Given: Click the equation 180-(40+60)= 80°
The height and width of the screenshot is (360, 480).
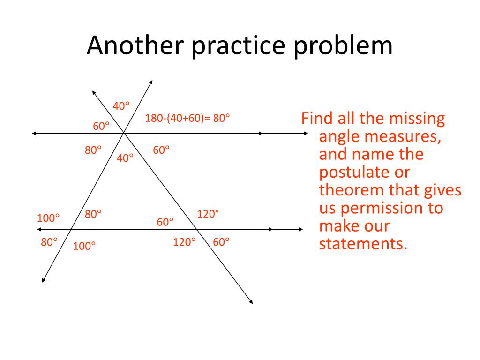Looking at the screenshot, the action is click(187, 118).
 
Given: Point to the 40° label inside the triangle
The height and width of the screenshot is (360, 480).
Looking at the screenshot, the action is click(125, 158).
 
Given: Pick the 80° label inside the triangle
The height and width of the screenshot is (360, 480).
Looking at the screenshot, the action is click(93, 214).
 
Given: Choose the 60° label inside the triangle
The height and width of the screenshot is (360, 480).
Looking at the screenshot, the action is click(165, 222).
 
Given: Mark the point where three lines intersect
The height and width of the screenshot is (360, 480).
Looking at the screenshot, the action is click(124, 134).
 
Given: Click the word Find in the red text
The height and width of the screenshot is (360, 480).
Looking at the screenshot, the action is click(317, 118).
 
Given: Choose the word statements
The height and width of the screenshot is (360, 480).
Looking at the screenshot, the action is click(362, 244).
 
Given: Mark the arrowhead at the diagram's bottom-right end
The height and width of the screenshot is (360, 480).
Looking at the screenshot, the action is click(251, 301).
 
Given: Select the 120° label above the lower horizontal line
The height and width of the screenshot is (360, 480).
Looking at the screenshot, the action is click(208, 214).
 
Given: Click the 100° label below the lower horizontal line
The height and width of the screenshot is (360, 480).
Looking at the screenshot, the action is click(84, 246).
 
